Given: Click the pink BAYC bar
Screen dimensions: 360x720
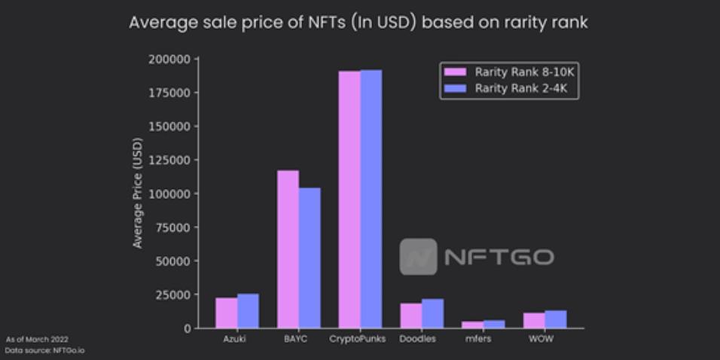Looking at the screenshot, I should [288, 249].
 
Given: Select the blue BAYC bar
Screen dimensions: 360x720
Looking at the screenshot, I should [310, 258].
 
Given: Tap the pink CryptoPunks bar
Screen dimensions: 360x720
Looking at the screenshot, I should [349, 200].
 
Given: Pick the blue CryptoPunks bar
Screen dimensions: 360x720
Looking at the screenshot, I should [371, 199].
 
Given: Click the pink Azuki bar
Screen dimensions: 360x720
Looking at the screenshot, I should [227, 313].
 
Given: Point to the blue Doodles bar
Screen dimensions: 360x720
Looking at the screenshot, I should [432, 313].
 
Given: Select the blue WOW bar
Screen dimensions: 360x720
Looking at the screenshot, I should [556, 319].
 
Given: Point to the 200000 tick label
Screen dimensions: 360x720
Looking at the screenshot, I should [170, 59].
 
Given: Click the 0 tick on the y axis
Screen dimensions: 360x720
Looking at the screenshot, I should [187, 328].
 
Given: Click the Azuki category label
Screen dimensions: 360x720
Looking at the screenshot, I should [235, 339].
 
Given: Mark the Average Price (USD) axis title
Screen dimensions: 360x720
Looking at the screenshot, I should [138, 193].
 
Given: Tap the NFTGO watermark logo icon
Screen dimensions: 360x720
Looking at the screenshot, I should [418, 257].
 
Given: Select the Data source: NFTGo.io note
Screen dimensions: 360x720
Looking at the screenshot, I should [44, 351].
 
